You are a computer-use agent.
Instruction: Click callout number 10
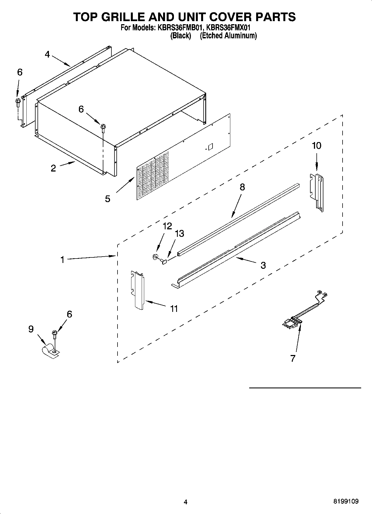pyautogui.click(x=317, y=145)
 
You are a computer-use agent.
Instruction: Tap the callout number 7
pyautogui.click(x=293, y=358)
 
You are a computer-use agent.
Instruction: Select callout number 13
pyautogui.click(x=179, y=234)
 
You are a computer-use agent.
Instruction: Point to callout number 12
pyautogui.click(x=167, y=226)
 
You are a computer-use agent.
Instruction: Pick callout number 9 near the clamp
pyautogui.click(x=31, y=329)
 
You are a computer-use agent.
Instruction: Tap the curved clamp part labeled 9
pyautogui.click(x=50, y=351)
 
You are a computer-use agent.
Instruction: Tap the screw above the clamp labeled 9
pyautogui.click(x=54, y=333)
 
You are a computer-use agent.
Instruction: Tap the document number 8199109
pyautogui.click(x=346, y=502)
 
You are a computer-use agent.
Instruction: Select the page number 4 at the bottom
pyautogui.click(x=186, y=502)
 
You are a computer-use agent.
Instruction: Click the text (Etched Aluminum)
pyautogui.click(x=228, y=36)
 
